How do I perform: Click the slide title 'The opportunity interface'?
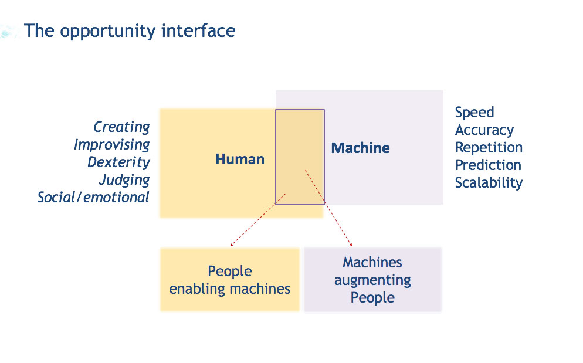pos(130,30)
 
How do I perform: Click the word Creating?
pos(122,127)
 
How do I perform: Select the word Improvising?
pos(111,144)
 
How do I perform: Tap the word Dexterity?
pos(118,162)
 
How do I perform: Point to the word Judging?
pos(124,179)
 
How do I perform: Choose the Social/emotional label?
pos(93,197)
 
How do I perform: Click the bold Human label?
pos(240,159)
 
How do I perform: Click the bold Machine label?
pos(360,148)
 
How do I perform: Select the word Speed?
pos(474,112)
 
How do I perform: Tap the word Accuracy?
pos(484,130)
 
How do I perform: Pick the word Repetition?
pos(489,147)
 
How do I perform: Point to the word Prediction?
pos(488,165)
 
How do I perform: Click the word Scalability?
pos(489,182)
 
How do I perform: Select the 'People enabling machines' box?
pos(229,280)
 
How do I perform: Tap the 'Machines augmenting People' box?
pos(372,280)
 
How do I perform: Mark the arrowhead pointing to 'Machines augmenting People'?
pos(351,245)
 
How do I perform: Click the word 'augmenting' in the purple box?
pos(372,280)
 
